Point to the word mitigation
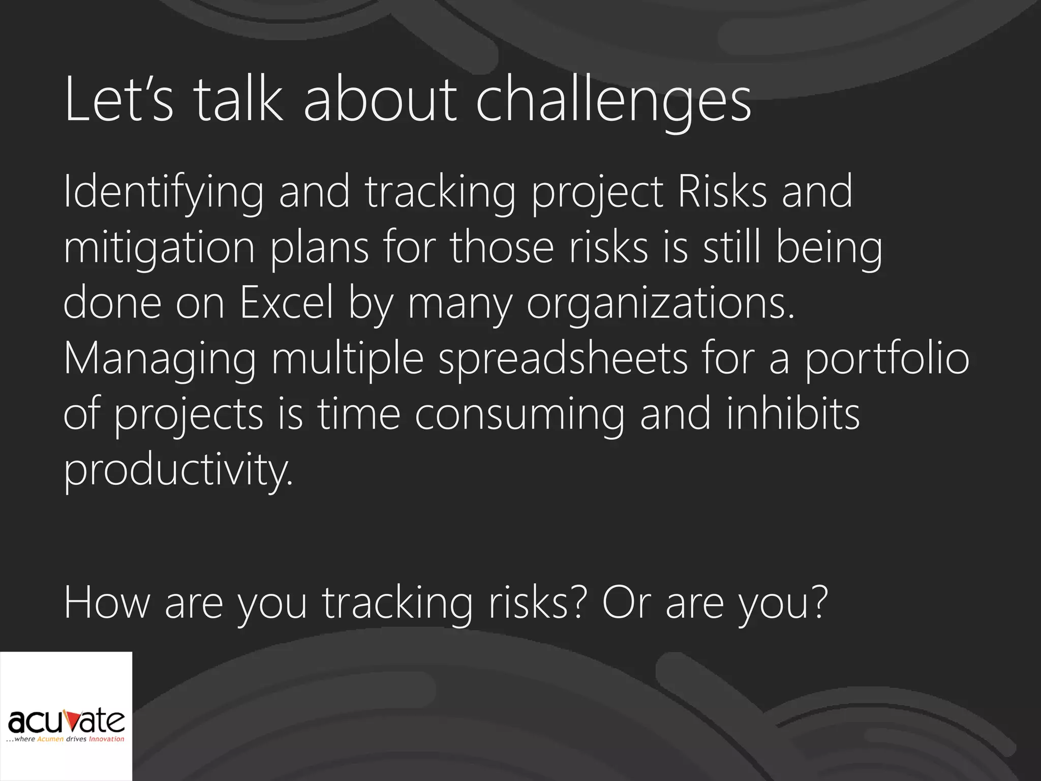(x=159, y=248)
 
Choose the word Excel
(x=286, y=303)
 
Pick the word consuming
(x=519, y=414)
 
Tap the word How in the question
(x=107, y=602)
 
